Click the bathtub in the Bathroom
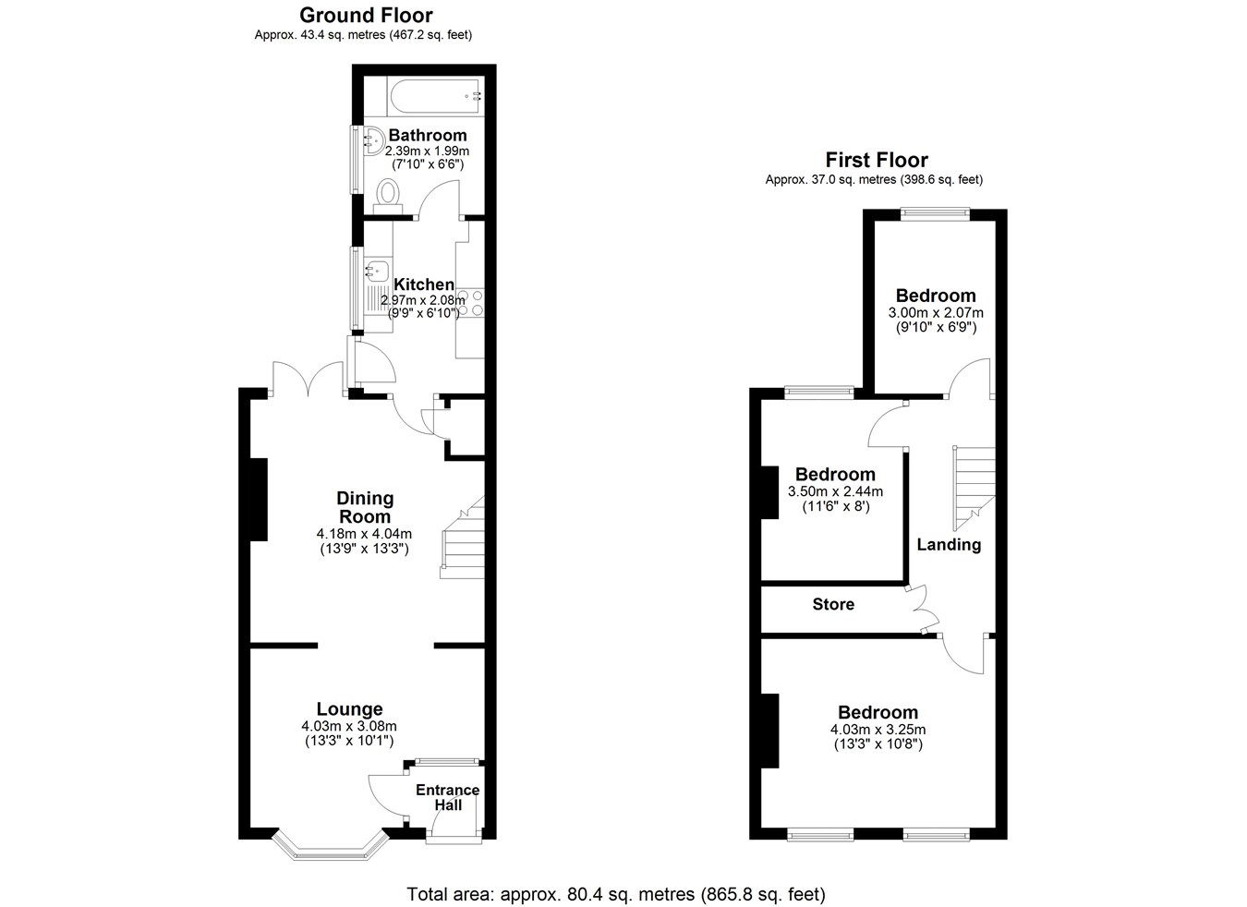coord(435,97)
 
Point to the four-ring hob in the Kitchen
coord(470,303)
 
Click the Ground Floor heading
coord(366,15)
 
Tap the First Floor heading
coord(877,161)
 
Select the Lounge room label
coord(349,708)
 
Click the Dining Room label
coord(365,507)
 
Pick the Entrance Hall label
coord(448,797)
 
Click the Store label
coord(833,604)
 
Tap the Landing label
coord(949,545)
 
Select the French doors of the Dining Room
coord(308,379)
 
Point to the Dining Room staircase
coord(463,538)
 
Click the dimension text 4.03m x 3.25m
coord(878,730)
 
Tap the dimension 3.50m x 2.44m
coord(835,491)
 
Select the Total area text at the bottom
coord(616,894)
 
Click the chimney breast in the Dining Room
coord(259,500)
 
